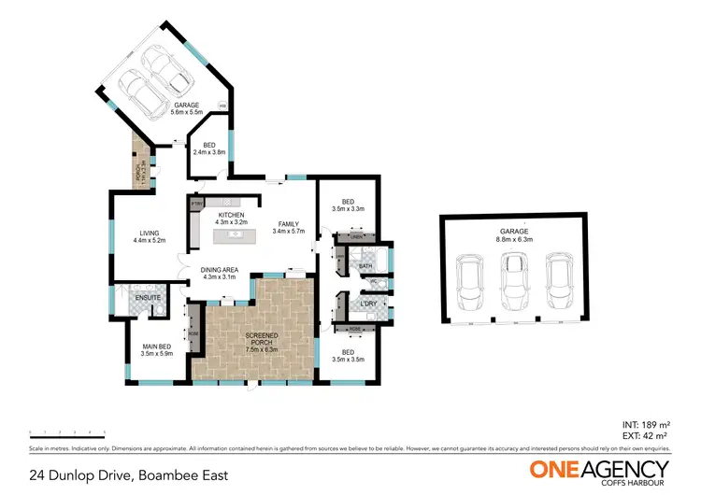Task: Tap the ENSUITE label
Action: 147,298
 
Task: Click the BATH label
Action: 365,266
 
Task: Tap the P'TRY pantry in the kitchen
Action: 197,203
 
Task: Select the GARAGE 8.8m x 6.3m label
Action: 514,234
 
